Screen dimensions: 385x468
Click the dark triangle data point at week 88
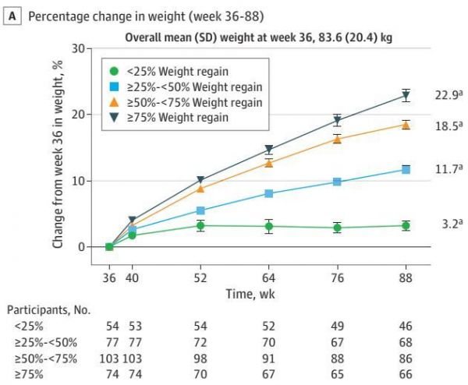(x=405, y=96)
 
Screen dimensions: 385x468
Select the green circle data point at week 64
(x=268, y=227)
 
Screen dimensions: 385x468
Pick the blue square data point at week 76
(x=337, y=182)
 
